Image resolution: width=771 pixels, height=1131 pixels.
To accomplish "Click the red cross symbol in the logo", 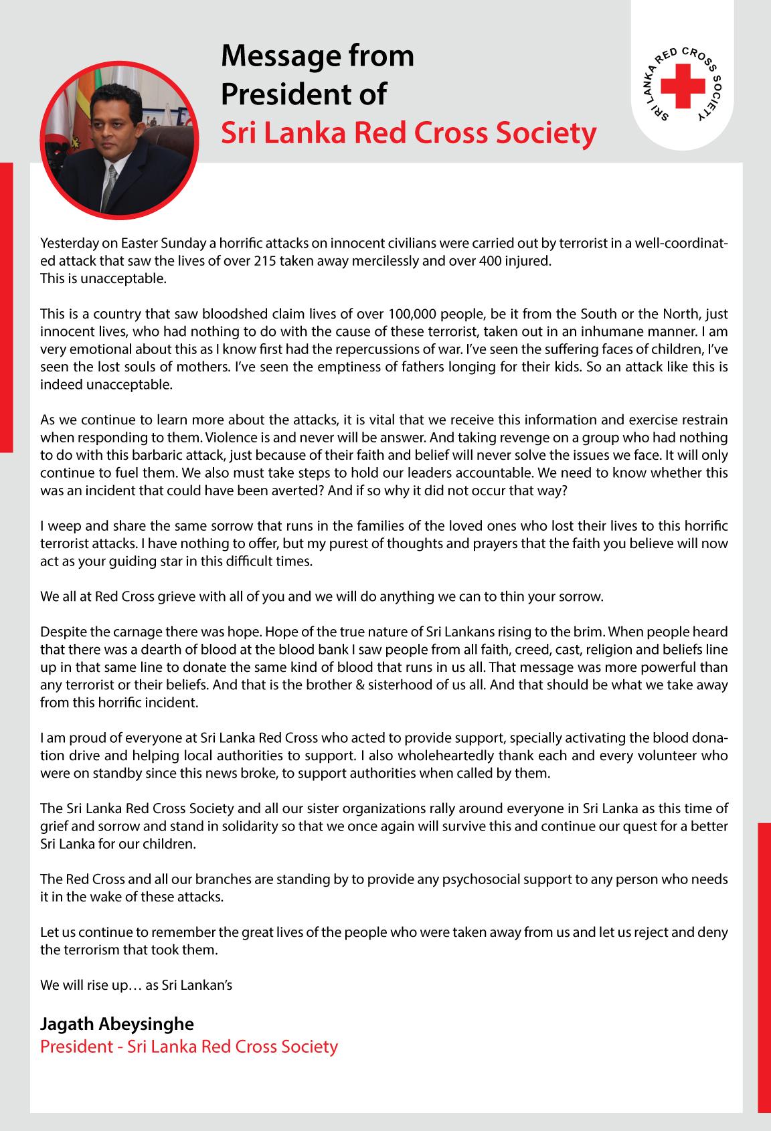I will click(683, 86).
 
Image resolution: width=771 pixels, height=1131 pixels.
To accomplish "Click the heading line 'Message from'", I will click(317, 56).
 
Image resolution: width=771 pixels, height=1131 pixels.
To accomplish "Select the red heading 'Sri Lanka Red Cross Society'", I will click(408, 133).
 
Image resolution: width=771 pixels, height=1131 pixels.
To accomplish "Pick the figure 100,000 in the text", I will click(412, 314).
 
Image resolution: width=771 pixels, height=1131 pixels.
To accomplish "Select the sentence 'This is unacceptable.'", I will click(103, 278).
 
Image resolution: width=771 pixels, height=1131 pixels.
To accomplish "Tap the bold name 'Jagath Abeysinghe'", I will click(117, 1024).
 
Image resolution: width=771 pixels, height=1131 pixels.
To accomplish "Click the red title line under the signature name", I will click(189, 1047).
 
